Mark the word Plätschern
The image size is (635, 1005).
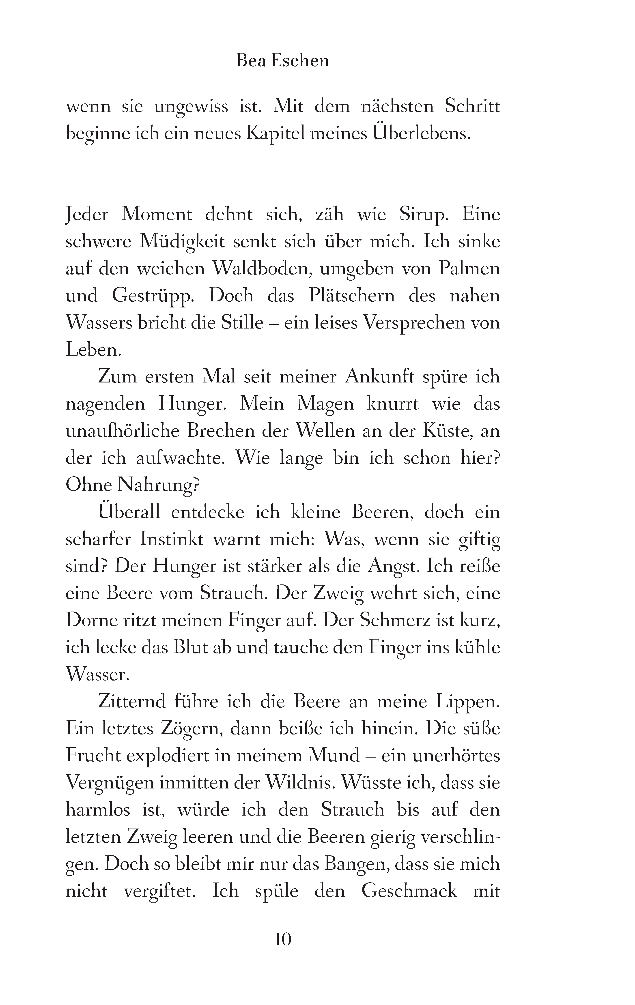pyautogui.click(x=351, y=296)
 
